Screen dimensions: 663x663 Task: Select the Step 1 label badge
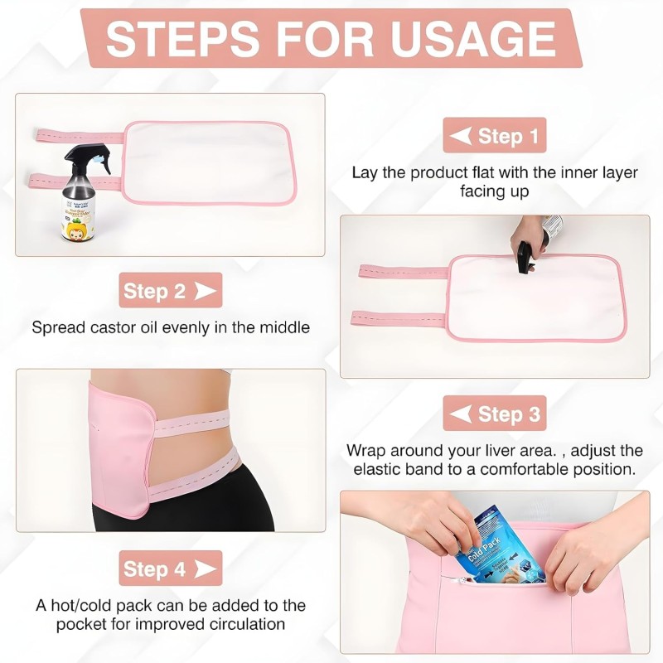point(494,135)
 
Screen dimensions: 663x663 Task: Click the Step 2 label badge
point(170,290)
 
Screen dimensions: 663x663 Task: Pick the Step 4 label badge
point(170,569)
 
